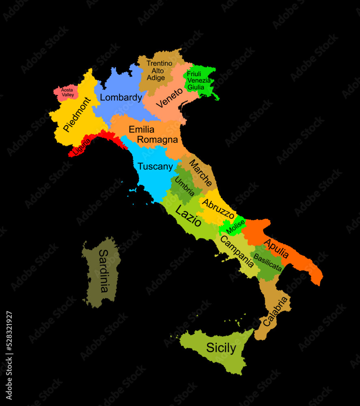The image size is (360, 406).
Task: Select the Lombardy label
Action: [121, 97]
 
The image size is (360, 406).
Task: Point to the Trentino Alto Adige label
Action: [159, 71]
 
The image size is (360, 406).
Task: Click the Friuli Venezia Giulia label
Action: [198, 80]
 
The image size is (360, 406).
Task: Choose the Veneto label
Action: [170, 98]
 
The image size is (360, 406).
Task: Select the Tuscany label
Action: [155, 166]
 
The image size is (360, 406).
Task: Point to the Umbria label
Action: [185, 187]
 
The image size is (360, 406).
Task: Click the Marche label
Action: [200, 173]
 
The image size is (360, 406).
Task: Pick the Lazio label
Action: [188, 216]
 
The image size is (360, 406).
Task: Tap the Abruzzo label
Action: [219, 209]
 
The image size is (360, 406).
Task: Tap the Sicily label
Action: [221, 348]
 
